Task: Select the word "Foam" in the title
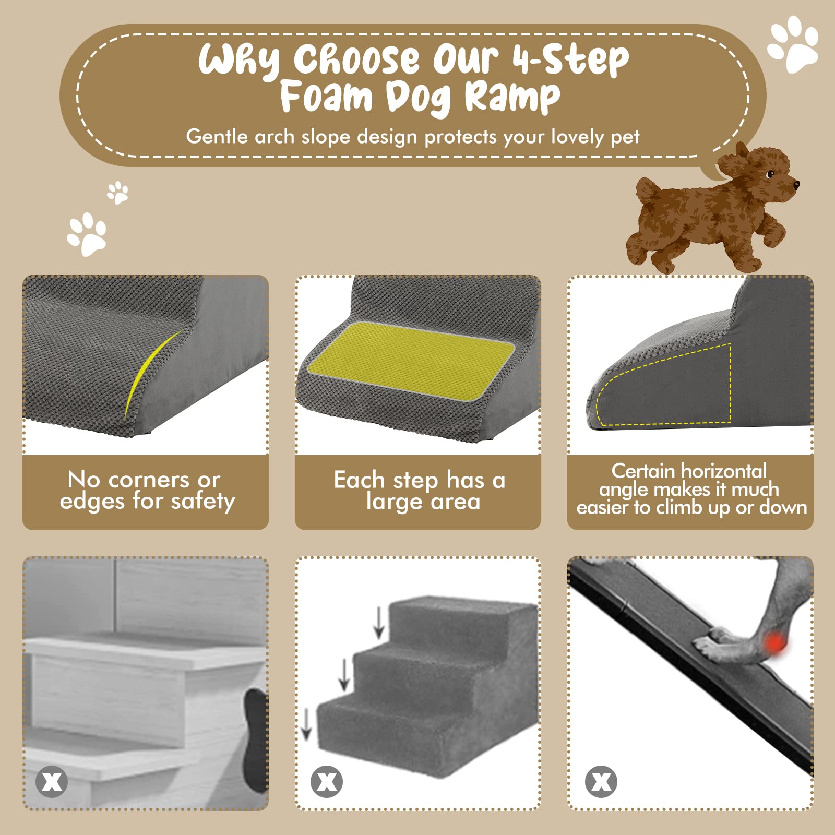(x=326, y=97)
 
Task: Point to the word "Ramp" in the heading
(x=512, y=98)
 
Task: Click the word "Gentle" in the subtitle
(x=217, y=137)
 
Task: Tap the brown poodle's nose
(x=796, y=184)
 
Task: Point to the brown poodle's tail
(x=649, y=190)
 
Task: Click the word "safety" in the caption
(x=203, y=502)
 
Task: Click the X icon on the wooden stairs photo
(x=52, y=782)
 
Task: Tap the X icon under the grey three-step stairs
(x=327, y=782)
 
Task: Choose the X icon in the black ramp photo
(x=601, y=782)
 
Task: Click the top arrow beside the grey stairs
(x=379, y=622)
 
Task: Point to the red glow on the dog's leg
(x=776, y=642)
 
